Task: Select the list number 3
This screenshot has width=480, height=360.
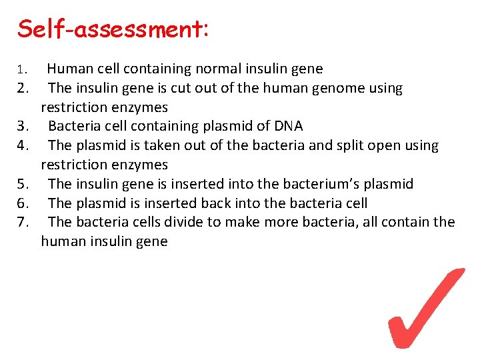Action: [x=22, y=127]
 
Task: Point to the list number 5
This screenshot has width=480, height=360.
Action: [x=22, y=184]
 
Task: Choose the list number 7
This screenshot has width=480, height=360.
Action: [x=22, y=222]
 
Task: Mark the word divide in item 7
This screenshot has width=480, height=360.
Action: [x=189, y=222]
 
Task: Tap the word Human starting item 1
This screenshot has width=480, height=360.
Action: [x=68, y=69]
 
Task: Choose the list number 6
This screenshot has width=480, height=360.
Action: [x=22, y=203]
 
